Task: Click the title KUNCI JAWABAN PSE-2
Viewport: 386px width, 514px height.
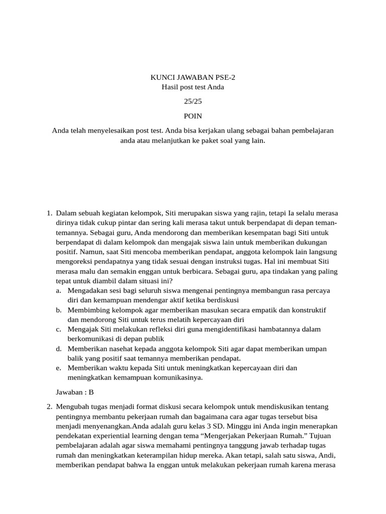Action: click(193, 77)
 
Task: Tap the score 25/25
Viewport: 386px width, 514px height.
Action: click(193, 101)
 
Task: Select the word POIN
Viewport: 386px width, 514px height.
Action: click(193, 116)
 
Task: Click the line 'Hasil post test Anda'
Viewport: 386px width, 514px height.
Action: click(193, 87)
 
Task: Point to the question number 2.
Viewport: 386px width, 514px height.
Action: click(49, 407)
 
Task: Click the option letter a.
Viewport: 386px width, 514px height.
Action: click(59, 291)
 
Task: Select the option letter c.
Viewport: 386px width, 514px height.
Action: click(59, 329)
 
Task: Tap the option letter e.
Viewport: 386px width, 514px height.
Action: click(59, 368)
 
